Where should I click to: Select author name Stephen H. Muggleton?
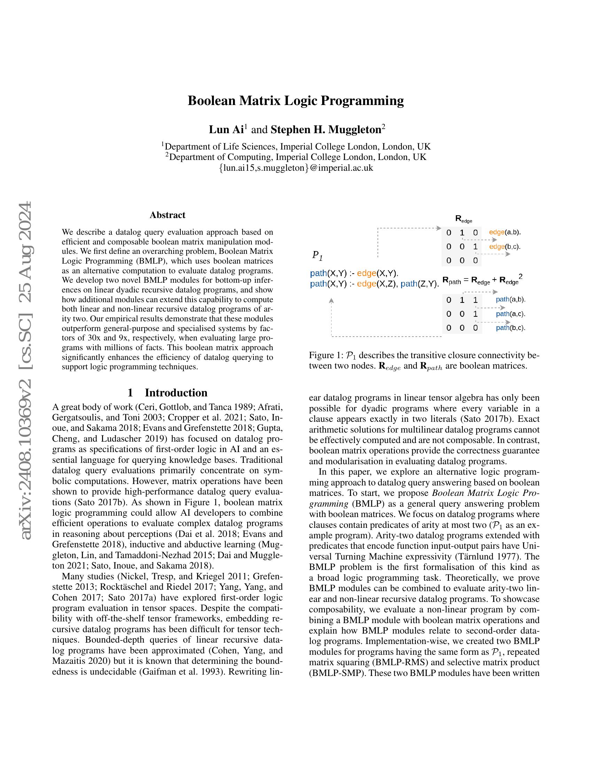point(326,130)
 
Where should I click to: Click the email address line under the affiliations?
point(296,168)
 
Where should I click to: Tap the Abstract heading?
point(167,215)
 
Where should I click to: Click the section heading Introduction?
point(176,393)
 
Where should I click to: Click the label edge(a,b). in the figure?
point(505,232)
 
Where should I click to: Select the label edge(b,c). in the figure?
point(505,247)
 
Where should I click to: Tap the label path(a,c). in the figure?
point(510,314)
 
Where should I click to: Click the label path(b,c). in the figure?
point(510,328)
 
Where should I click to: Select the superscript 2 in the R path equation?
point(521,277)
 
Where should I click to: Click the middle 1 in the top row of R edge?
point(462,233)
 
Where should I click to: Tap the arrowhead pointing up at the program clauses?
point(331,300)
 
